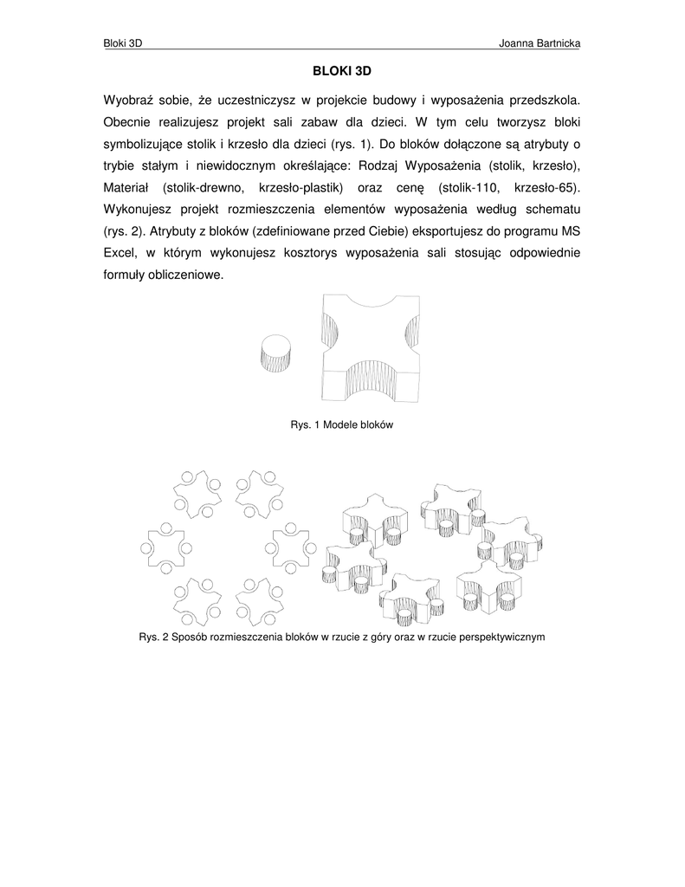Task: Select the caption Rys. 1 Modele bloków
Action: (x=341, y=425)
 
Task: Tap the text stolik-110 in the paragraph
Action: (x=469, y=187)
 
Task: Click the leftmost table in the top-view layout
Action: (x=162, y=547)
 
